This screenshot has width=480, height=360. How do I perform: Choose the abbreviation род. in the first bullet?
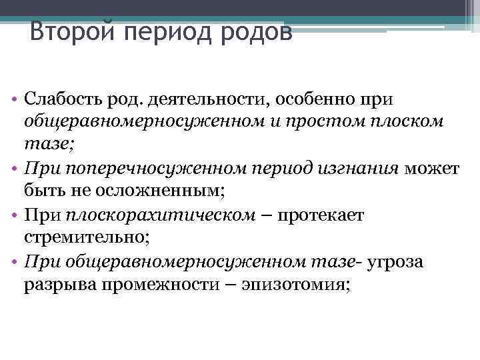[x=126, y=99]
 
